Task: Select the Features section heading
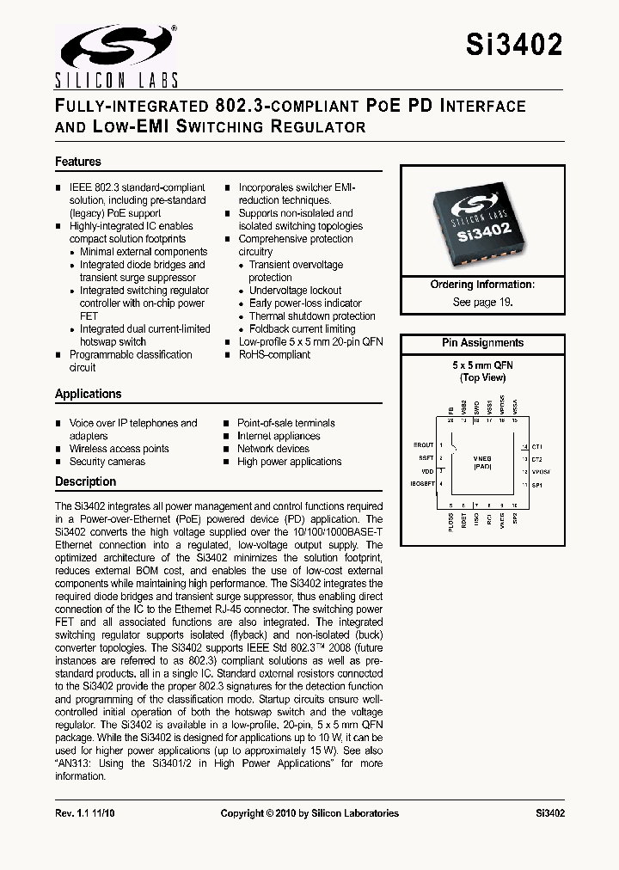[x=78, y=162]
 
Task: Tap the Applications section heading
[x=89, y=394]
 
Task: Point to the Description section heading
[x=85, y=481]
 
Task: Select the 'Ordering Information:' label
[x=482, y=285]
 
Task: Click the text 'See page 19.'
[x=482, y=303]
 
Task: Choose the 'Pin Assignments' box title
[x=482, y=343]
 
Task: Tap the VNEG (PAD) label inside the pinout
[x=482, y=465]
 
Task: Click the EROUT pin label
[x=423, y=445]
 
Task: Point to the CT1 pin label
[x=538, y=447]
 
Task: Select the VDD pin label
[x=426, y=472]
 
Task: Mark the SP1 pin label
[x=538, y=486]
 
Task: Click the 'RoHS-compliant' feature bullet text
[x=274, y=354]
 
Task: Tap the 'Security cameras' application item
[x=107, y=462]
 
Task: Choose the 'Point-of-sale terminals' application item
[x=286, y=423]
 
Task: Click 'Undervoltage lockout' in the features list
[x=295, y=291]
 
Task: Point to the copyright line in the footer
[x=309, y=813]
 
